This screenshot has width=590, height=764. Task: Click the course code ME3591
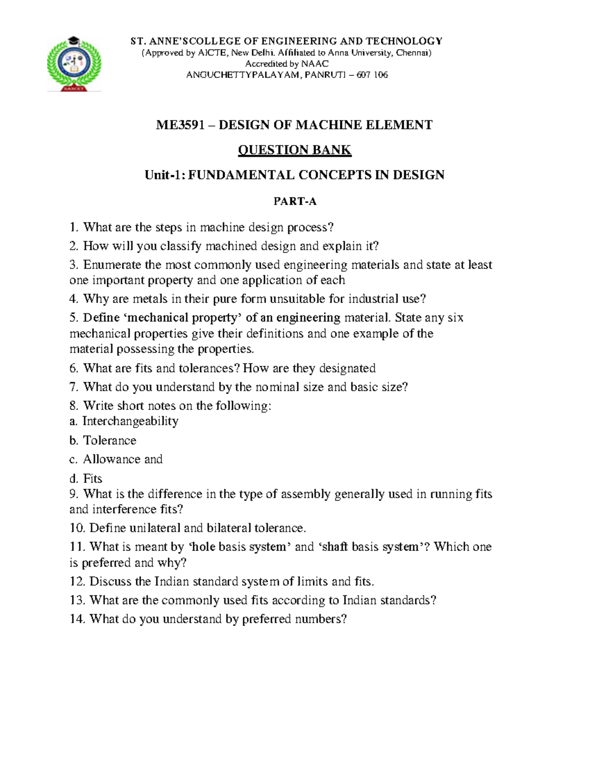[x=179, y=125]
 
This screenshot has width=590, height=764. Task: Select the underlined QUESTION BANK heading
[x=295, y=150]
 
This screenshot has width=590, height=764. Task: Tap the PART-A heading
[x=295, y=201]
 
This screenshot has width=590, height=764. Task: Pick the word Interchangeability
[x=130, y=421]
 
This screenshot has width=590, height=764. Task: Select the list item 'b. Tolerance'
[x=103, y=440]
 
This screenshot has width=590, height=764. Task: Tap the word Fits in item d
[x=92, y=478]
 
